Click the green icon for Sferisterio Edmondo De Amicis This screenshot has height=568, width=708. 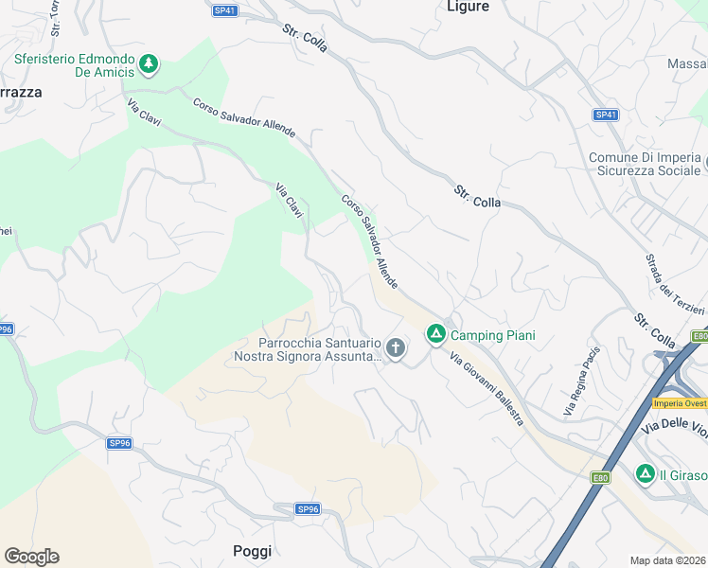149,64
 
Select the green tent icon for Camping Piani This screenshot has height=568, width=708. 435,334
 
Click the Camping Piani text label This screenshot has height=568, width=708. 492,335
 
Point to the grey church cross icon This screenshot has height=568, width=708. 396,349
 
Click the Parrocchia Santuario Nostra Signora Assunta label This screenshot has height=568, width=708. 307,349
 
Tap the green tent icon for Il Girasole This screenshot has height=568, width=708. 646,472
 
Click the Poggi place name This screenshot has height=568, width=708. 252,551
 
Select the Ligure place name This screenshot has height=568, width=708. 468,7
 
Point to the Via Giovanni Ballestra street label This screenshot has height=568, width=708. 487,388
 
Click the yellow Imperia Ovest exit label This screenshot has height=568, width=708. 680,403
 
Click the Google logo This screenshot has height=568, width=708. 31,557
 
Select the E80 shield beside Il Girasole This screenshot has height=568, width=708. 600,477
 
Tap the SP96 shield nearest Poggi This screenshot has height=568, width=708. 308,508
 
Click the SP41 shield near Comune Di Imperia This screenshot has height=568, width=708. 606,115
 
